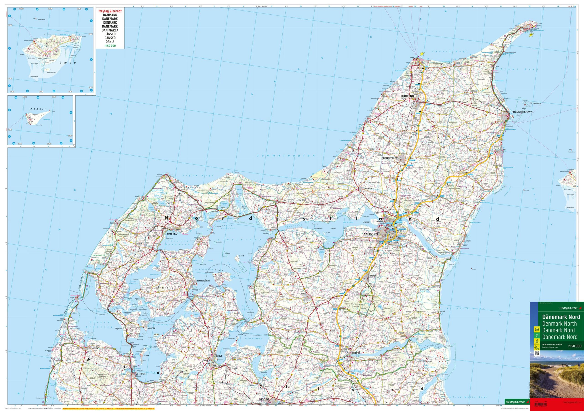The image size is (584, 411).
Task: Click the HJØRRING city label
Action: [x=407, y=96]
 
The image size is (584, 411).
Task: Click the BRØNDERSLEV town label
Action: [x=391, y=158]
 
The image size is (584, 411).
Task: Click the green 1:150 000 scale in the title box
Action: [x=110, y=46]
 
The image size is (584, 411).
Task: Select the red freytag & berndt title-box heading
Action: [x=110, y=11]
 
